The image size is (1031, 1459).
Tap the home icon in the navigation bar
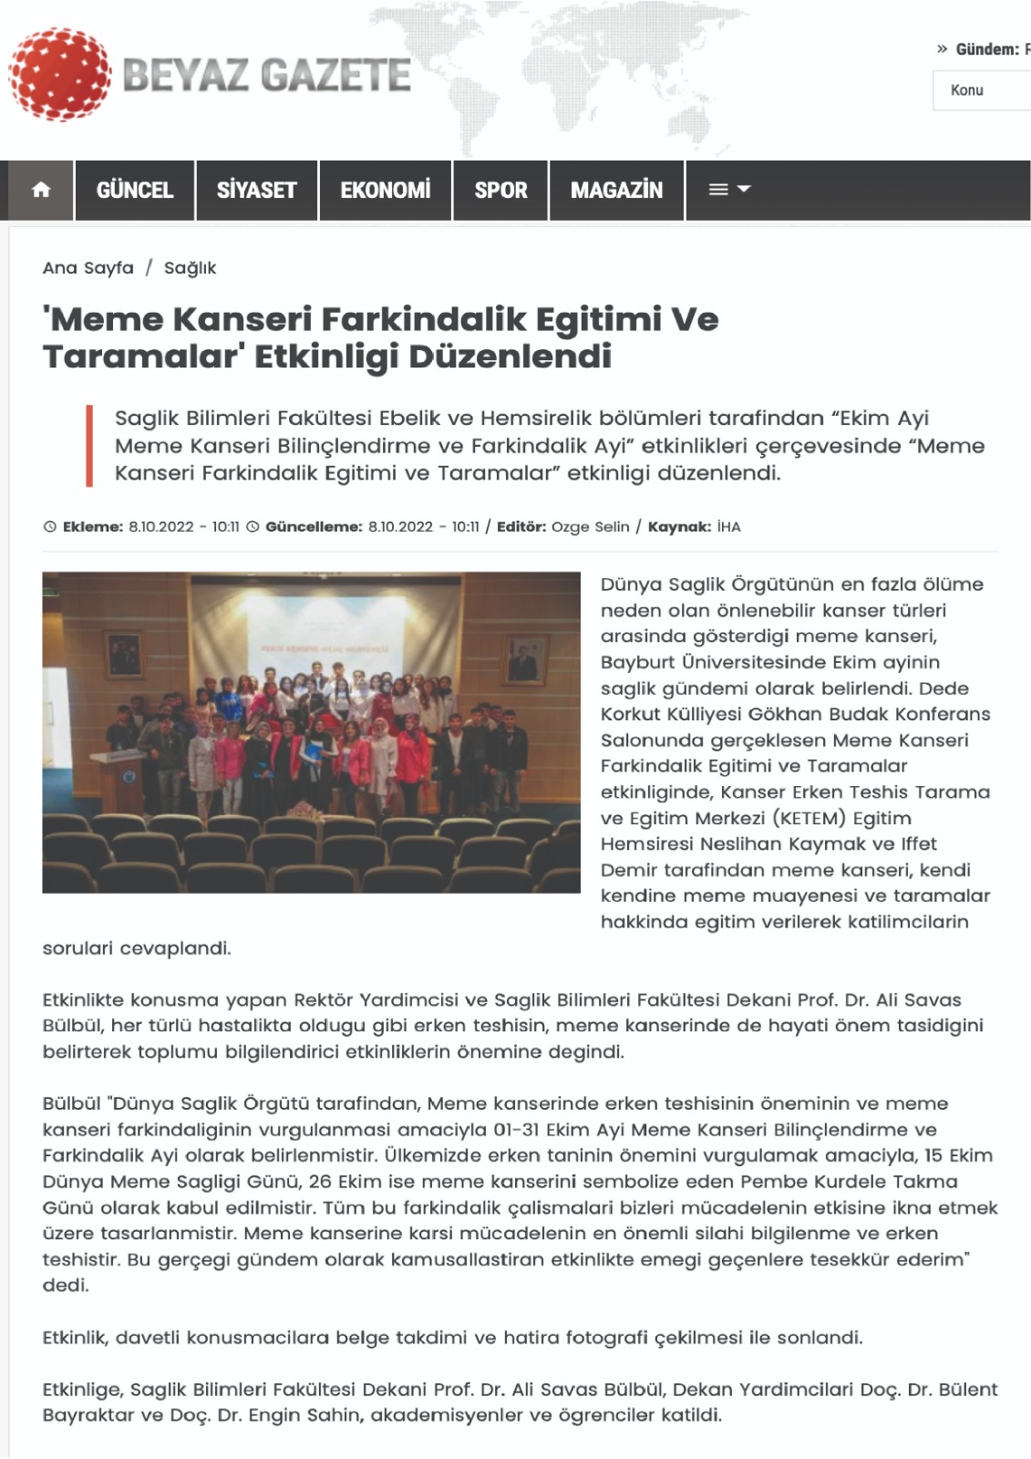(x=41, y=190)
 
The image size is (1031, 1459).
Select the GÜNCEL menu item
(x=135, y=190)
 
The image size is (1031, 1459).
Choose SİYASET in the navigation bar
(x=256, y=190)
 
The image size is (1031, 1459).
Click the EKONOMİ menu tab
(x=385, y=190)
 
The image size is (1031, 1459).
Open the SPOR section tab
(x=500, y=190)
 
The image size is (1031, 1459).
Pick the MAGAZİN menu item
(x=616, y=190)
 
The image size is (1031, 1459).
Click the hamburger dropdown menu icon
(x=729, y=190)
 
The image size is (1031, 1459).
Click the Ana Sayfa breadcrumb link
(x=88, y=268)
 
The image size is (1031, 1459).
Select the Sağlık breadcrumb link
(x=190, y=268)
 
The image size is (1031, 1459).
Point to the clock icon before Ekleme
(x=50, y=527)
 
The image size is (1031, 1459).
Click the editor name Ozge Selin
(x=590, y=527)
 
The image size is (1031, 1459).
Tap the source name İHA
(x=729, y=527)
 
